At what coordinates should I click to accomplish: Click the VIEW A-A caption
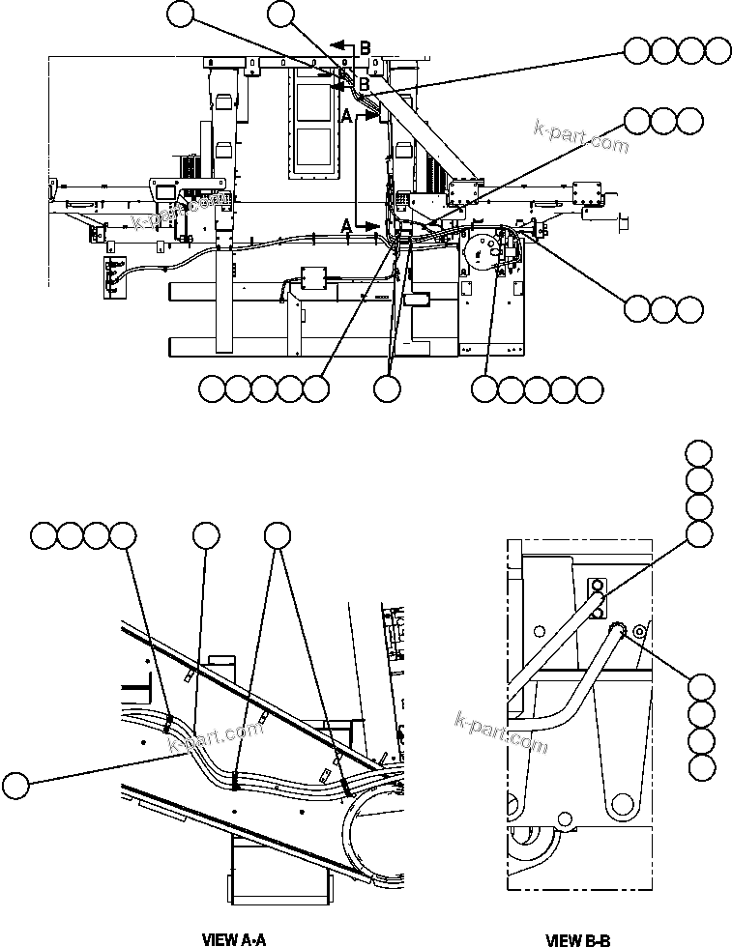click(232, 938)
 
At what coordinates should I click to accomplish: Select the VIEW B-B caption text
click(578, 938)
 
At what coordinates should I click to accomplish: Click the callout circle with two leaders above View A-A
click(278, 536)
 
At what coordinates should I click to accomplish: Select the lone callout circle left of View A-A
click(15, 784)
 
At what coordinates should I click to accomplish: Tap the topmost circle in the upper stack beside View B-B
click(699, 453)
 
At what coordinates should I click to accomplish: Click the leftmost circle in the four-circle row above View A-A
click(44, 536)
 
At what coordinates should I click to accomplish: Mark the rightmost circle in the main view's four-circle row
click(717, 50)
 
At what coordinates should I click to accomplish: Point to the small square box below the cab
click(315, 278)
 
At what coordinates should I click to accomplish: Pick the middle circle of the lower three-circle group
click(662, 308)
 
